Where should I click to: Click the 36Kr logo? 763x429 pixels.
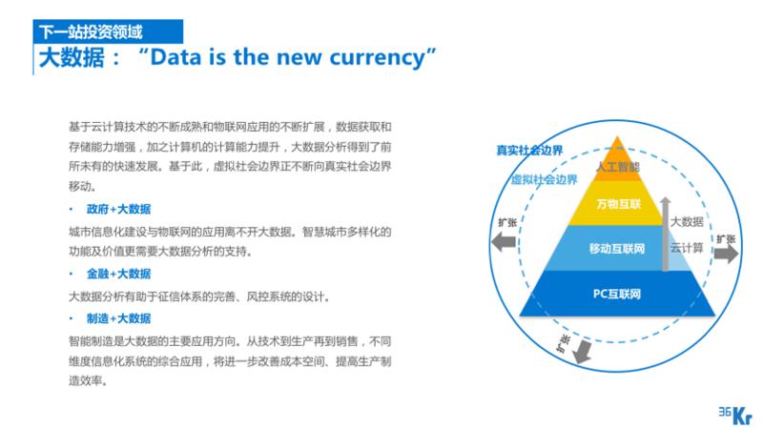pos(734,416)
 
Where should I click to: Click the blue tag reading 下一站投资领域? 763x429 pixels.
pos(108,31)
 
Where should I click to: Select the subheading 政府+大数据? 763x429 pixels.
pos(118,209)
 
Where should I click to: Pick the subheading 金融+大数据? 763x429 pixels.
pos(118,274)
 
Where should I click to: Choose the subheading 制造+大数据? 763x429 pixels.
pos(118,318)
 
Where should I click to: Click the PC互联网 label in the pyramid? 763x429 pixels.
pos(616,294)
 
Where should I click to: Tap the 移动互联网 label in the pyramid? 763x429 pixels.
pos(617,249)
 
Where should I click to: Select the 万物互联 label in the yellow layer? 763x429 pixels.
pos(618,204)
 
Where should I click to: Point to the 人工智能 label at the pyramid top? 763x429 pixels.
pos(618,167)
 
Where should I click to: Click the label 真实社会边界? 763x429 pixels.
pos(529,151)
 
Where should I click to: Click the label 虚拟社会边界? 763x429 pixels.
pos(544,180)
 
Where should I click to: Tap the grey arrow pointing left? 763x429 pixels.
pos(504,242)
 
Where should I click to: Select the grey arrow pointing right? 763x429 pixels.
pos(726,254)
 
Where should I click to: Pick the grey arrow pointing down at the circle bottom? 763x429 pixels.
pos(581,352)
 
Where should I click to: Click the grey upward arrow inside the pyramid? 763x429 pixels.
pos(665,234)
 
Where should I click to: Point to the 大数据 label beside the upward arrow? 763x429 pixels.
pos(687,222)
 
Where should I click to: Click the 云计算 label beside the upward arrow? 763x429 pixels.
pos(687,248)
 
